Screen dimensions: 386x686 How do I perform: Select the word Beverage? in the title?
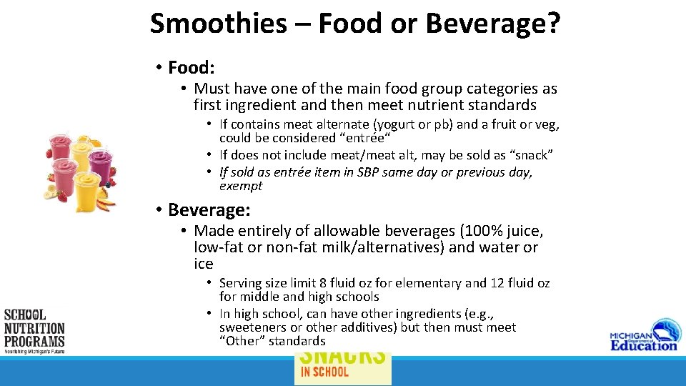493,24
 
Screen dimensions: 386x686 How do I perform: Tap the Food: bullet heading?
191,68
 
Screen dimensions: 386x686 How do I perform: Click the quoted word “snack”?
530,155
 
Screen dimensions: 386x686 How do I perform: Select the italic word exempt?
241,186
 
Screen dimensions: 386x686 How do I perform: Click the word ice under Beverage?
204,264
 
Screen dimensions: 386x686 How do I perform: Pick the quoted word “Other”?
243,341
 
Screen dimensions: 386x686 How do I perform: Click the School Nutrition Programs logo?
34,331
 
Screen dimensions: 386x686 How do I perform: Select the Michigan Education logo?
643,337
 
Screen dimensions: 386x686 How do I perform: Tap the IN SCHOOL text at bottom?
324,371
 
